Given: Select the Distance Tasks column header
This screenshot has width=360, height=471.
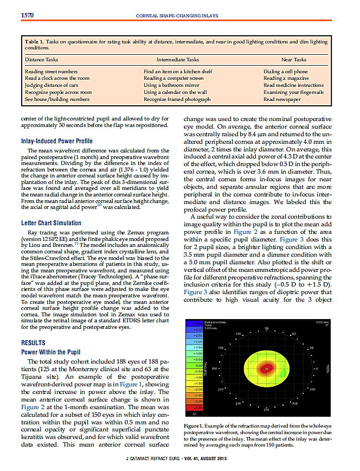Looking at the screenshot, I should (42, 59).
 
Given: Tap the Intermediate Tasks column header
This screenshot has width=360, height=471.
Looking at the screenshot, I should (178, 59).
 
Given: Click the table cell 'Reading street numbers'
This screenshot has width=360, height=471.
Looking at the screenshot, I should (51, 72).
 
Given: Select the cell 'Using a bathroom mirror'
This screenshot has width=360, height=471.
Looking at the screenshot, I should (171, 85).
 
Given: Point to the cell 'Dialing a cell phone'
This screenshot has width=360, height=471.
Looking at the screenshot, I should (285, 72).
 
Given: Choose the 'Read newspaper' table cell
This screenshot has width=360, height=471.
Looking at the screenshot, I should (282, 99).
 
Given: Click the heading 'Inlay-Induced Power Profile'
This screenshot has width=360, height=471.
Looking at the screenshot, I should (56, 141).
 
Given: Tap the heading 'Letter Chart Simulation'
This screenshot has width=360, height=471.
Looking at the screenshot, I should (52, 222).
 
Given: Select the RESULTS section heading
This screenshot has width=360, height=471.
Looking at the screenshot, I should (34, 343).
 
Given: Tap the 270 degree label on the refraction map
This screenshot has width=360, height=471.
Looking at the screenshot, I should (266, 409).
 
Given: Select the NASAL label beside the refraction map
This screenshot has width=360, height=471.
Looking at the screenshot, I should (328, 370).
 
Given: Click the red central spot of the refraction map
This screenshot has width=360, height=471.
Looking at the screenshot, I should (266, 368).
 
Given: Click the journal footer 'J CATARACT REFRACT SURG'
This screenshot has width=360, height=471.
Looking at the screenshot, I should (150, 462).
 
